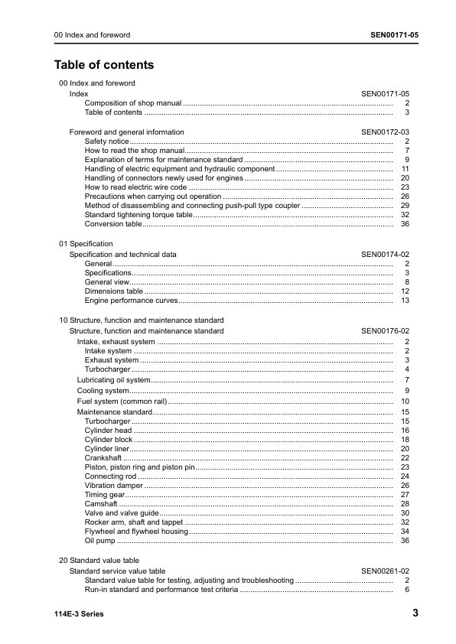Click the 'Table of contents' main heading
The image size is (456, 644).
(x=103, y=65)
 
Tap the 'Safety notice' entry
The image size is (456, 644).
(x=106, y=141)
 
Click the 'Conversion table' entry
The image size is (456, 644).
(x=112, y=224)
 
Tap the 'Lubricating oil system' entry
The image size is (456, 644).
(x=113, y=380)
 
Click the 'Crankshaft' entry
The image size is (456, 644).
(x=103, y=457)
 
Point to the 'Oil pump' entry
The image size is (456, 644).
(x=99, y=541)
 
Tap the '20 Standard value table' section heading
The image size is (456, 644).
(x=99, y=561)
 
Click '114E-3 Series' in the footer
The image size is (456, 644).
(x=79, y=614)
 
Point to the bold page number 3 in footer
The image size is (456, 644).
(x=415, y=613)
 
